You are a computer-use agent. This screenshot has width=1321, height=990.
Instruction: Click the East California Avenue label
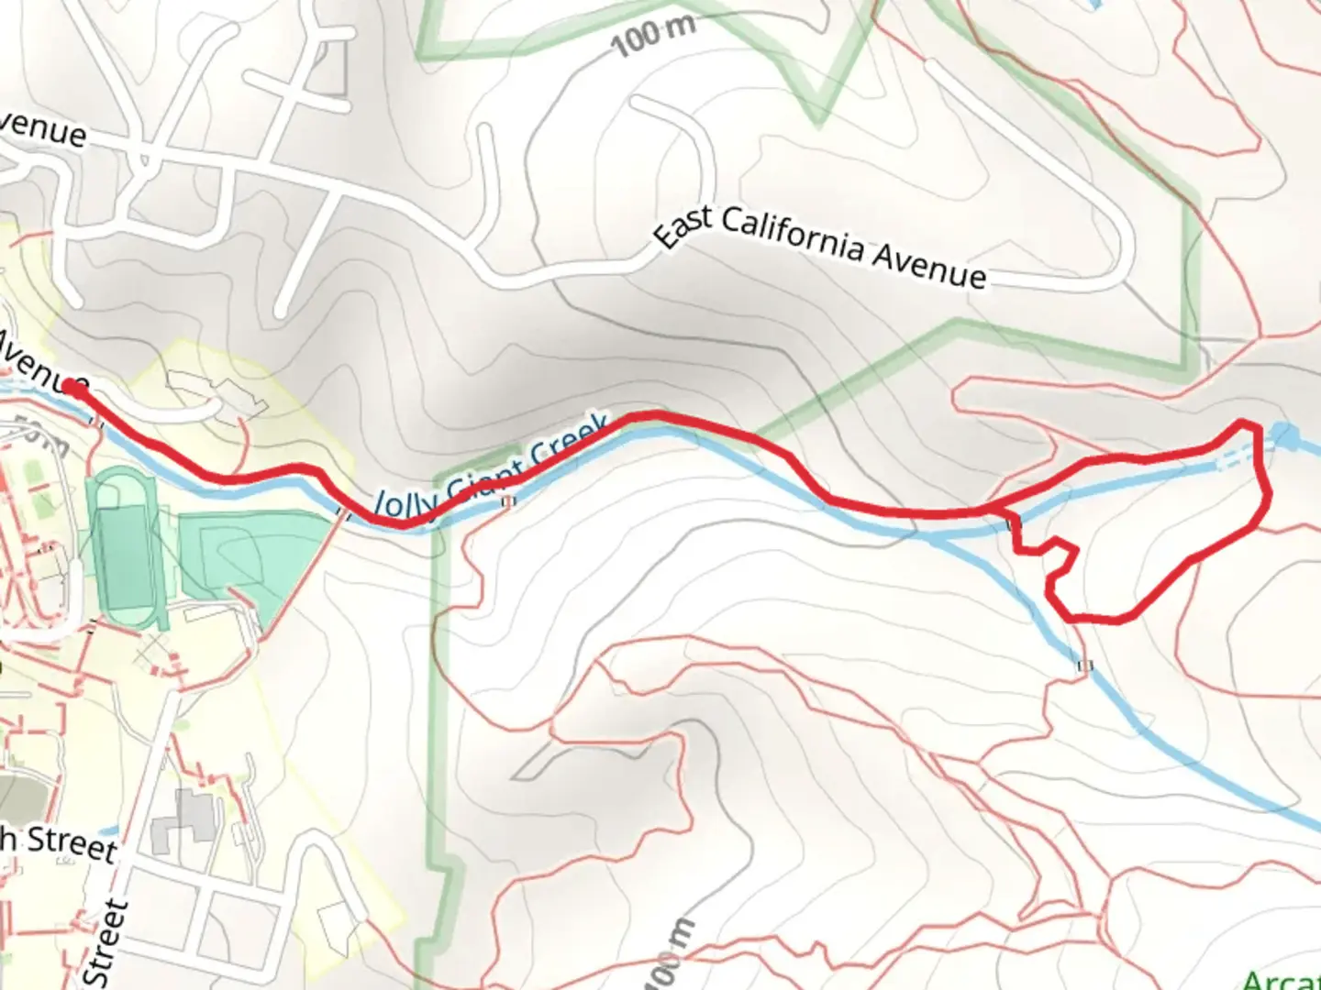coord(821,246)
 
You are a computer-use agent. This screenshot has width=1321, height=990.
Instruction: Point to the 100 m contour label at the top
coord(652,34)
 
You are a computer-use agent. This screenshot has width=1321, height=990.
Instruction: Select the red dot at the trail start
coord(73,389)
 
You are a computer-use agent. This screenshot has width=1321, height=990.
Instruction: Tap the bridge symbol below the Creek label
coord(507,501)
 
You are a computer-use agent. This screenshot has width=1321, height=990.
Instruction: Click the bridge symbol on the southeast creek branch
coord(1086,665)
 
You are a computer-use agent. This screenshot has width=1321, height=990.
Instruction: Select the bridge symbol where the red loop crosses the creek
coord(1013,523)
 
